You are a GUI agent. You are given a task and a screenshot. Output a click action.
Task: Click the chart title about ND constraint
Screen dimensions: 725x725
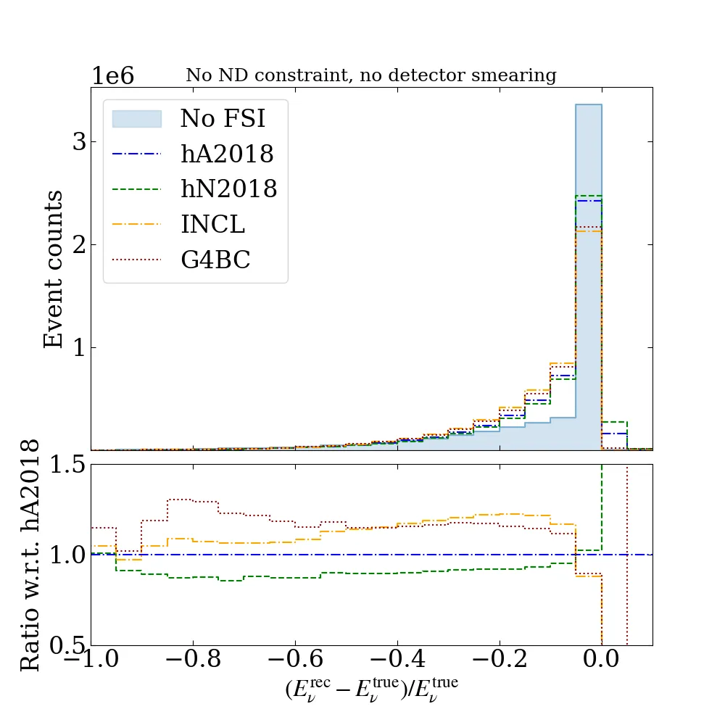coord(371,75)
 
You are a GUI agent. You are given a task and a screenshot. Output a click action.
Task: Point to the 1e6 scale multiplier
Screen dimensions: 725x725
coord(112,76)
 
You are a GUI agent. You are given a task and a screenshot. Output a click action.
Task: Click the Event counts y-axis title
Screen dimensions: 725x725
coord(54,269)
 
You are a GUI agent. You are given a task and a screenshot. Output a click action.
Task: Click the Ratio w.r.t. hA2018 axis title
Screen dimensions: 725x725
coord(30,555)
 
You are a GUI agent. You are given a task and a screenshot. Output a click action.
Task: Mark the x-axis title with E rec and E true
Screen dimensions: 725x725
coord(371,689)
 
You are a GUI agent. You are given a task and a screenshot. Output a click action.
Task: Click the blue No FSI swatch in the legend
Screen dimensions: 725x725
coord(136,119)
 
